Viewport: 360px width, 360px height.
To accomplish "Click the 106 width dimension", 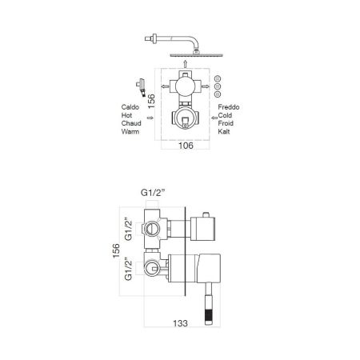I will (x=183, y=146).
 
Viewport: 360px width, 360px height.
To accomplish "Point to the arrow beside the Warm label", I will (x=151, y=118).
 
